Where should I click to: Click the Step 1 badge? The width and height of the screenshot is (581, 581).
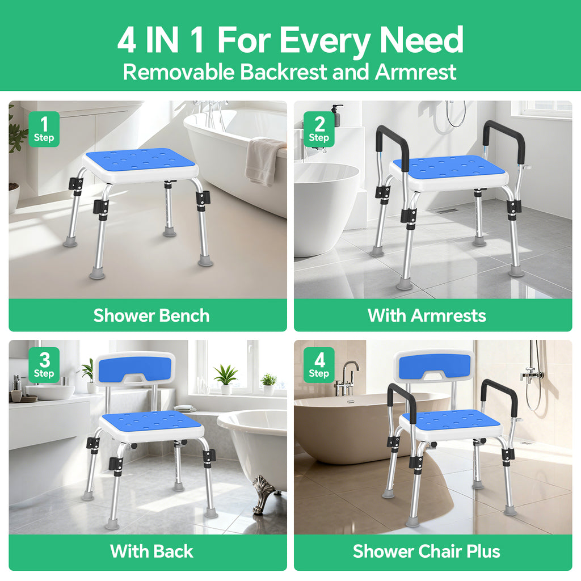pos(44,129)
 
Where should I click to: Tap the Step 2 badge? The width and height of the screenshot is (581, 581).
pos(319,129)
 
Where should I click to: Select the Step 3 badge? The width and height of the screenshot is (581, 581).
pos(44,365)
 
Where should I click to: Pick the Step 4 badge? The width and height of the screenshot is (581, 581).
pos(319,365)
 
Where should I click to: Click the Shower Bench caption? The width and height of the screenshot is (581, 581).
pos(151,315)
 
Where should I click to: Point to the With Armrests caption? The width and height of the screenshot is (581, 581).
pos(427,315)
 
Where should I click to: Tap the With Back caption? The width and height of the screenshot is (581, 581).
pos(151,551)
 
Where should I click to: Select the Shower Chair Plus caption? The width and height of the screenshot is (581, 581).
pos(427,551)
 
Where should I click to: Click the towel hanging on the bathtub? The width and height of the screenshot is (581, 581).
pos(263,161)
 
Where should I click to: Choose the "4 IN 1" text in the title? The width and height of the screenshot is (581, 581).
pos(163,41)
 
